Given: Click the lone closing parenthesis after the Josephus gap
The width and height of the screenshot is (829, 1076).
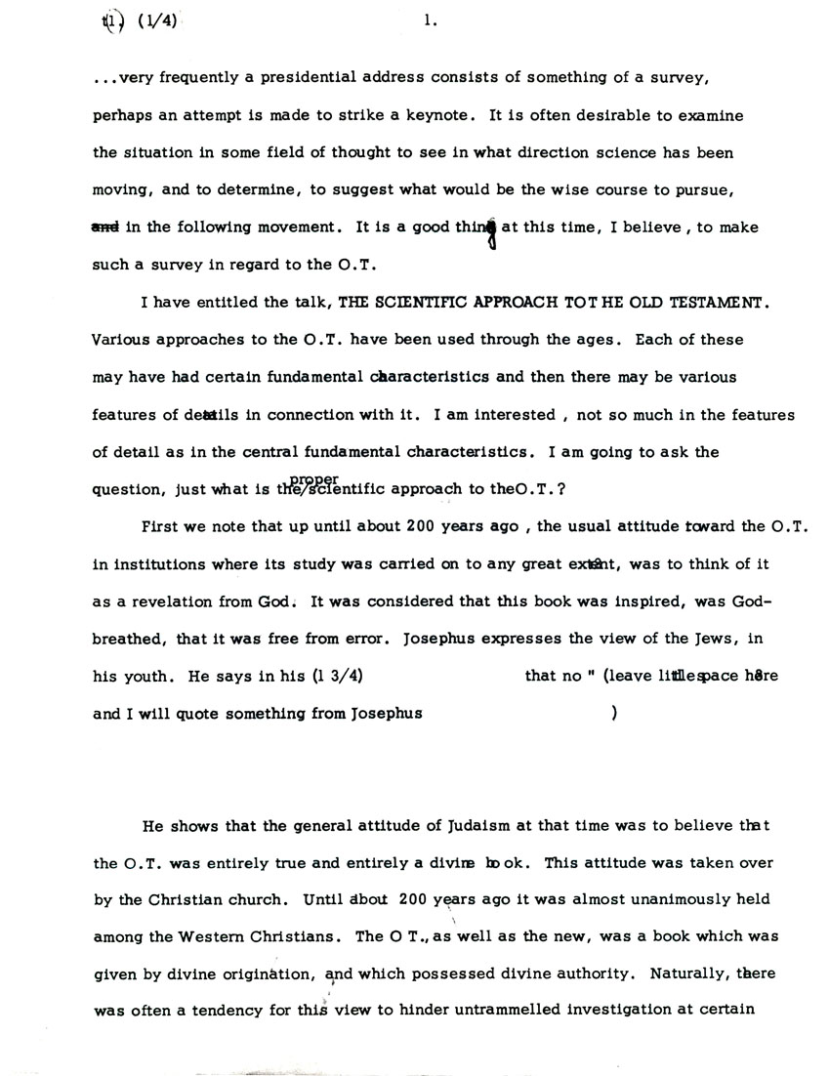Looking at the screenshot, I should [613, 713].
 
